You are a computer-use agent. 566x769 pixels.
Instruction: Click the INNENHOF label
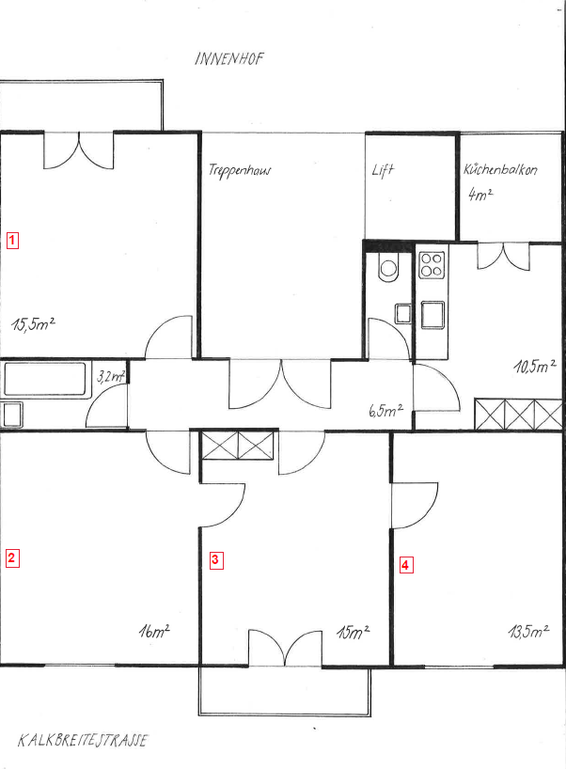[x=229, y=59]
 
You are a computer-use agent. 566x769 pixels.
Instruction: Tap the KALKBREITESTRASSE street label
[x=83, y=740]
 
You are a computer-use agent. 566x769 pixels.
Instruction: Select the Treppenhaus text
[x=240, y=171]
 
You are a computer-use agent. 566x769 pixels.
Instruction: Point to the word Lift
[x=383, y=170]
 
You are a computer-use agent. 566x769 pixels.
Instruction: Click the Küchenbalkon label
[x=500, y=170]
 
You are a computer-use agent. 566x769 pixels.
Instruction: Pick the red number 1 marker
[x=12, y=241]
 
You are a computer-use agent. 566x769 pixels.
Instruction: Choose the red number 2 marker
[x=12, y=558]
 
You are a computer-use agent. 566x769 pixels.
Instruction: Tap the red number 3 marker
[x=216, y=560]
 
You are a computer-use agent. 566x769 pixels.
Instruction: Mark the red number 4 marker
[x=405, y=565]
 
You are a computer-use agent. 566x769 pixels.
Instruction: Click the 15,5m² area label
[x=33, y=323]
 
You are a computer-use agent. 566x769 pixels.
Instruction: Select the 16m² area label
[x=154, y=631]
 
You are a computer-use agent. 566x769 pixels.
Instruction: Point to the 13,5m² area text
[x=528, y=631]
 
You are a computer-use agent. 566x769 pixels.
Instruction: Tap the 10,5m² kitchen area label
[x=535, y=366]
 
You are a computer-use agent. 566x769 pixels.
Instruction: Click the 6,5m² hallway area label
[x=386, y=410]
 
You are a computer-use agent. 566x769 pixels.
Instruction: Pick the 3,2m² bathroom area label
[x=111, y=377]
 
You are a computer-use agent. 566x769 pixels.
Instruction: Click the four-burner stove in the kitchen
[x=432, y=265]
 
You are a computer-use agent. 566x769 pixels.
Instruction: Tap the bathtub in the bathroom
[x=44, y=379]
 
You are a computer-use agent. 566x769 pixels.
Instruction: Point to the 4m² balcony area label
[x=480, y=195]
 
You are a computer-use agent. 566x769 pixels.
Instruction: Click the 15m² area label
[x=353, y=632]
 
